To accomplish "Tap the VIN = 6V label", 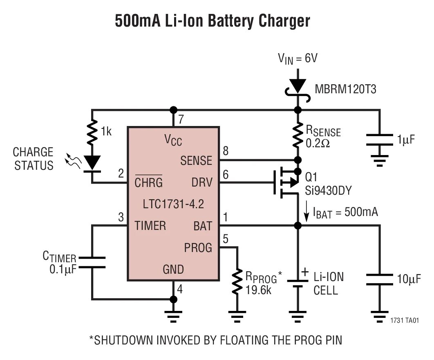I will point(298,59).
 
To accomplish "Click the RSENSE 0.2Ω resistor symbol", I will point(298,135).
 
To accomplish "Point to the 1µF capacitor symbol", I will point(380,139).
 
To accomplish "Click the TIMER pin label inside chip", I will point(150,226).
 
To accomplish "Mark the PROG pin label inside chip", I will point(198,248).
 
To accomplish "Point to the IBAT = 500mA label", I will point(345,212).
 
